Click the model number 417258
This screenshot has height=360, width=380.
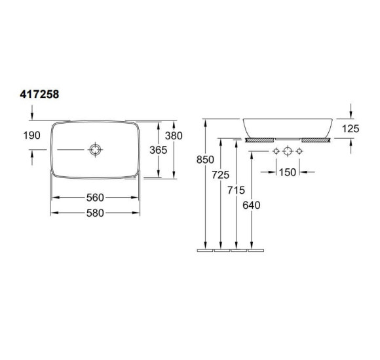[39, 94]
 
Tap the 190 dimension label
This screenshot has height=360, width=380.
[31, 135]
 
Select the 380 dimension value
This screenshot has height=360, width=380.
[174, 135]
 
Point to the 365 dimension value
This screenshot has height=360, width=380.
[159, 150]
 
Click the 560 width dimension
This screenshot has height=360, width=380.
[95, 198]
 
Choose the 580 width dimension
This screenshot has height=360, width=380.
[95, 213]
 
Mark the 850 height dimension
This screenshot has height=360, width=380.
[205, 160]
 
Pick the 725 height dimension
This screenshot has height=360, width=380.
[220, 175]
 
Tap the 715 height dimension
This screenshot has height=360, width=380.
[236, 190]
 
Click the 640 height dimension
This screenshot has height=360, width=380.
[252, 206]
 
